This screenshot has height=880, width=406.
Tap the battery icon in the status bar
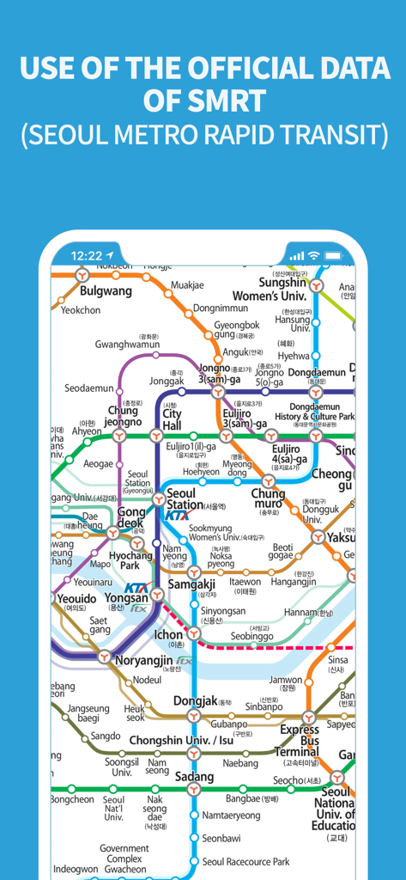coord(333,255)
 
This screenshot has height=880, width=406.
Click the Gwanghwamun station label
coord(127,345)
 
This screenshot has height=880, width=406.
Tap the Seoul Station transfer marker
coord(158,499)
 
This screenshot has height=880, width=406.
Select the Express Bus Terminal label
coord(298,741)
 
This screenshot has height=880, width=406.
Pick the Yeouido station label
coord(77,598)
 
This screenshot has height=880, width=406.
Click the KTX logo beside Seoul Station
coord(177,516)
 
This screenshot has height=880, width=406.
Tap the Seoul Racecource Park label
coord(245,861)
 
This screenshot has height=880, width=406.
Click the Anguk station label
coord(235,351)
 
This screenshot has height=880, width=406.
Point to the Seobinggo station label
coord(252,636)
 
